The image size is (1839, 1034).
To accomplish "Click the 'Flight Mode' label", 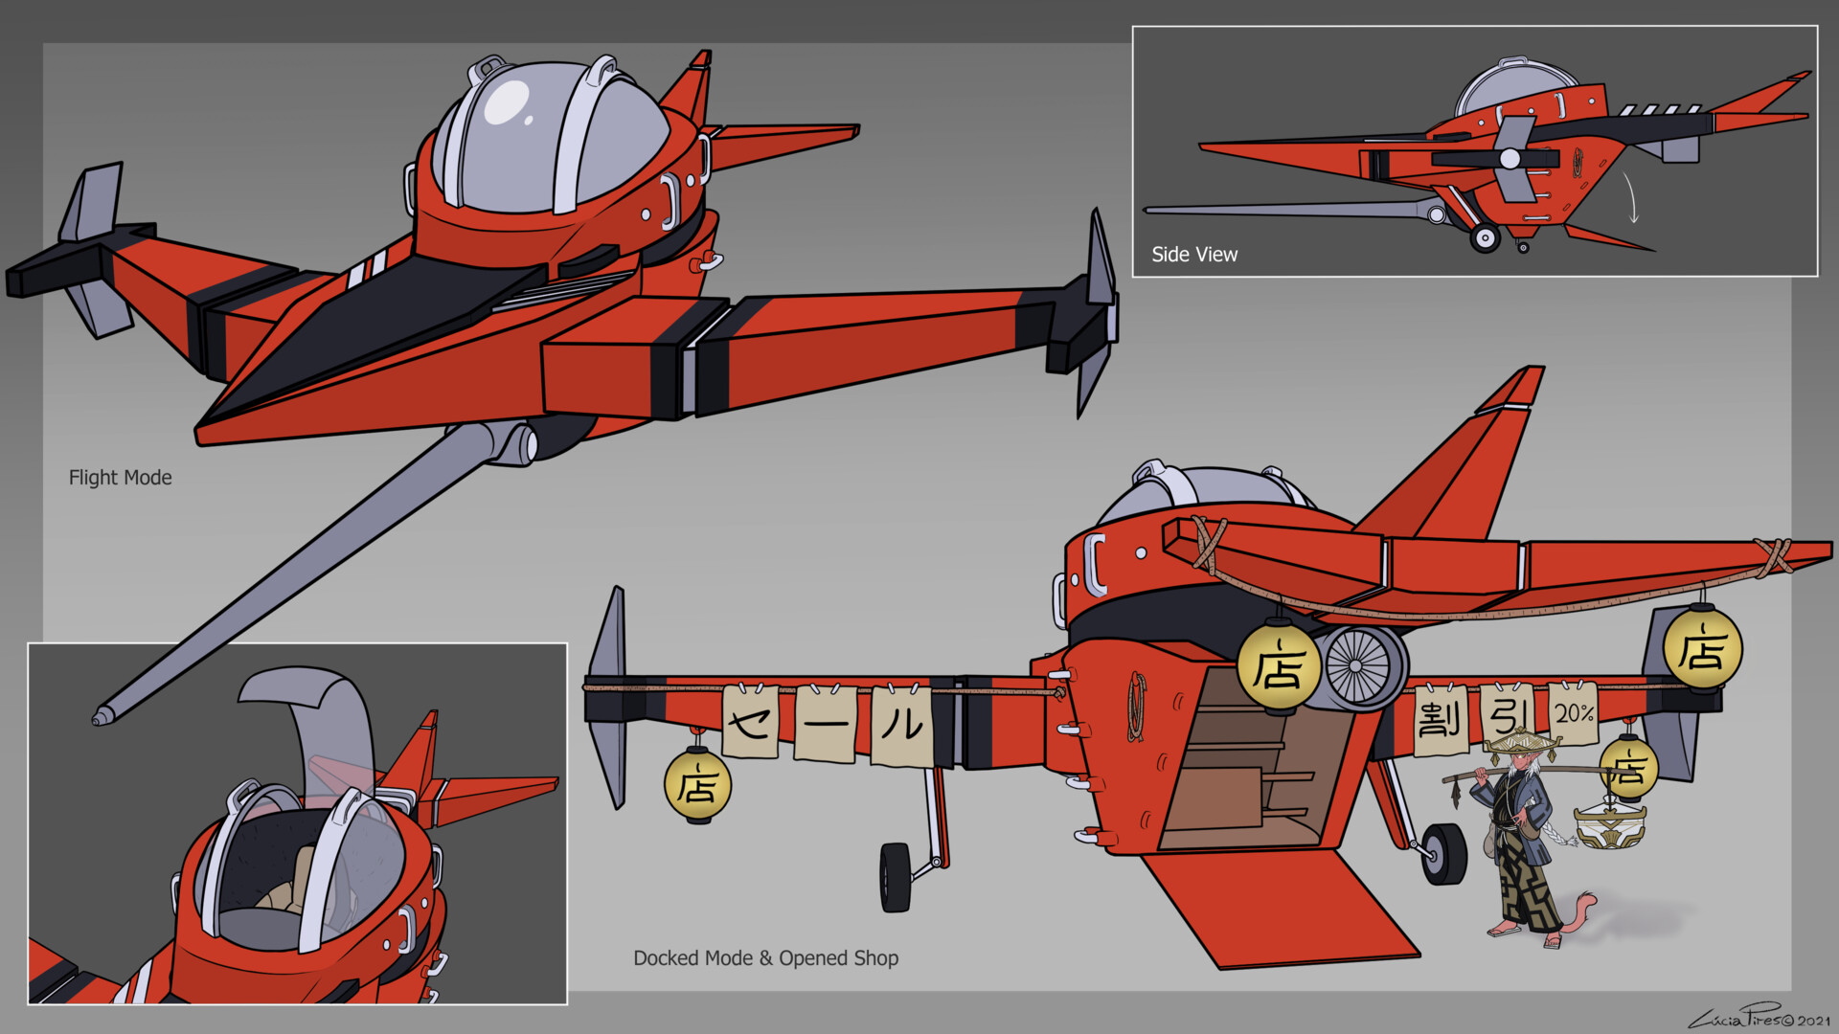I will pos(120,478).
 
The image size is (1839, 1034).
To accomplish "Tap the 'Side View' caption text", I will pos(1193,255).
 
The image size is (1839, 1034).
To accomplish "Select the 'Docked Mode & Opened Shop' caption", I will pos(765,958).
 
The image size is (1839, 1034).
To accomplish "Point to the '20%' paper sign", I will pos(1573,714).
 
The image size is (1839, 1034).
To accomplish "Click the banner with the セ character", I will pos(750,723).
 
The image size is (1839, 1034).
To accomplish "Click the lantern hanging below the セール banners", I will pos(697,786).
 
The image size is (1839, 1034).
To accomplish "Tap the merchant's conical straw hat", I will pos(1519,742).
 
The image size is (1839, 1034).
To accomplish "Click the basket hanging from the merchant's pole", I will pos(1609,826).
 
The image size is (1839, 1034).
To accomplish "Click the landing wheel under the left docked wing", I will pos(895,877).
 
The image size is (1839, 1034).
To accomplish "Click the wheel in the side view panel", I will pos(1485,237).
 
